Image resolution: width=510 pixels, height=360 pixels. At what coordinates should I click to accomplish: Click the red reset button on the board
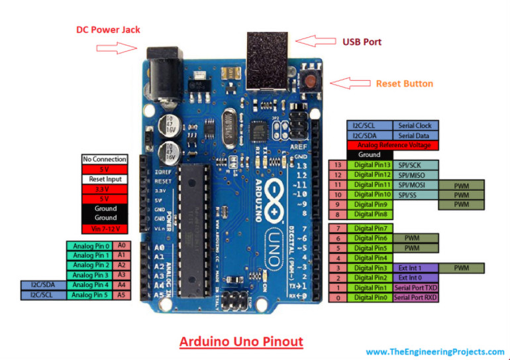(309, 82)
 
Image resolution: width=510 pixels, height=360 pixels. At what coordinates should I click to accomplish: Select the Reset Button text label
(404, 84)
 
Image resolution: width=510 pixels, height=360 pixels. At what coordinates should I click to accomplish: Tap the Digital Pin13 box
(373, 164)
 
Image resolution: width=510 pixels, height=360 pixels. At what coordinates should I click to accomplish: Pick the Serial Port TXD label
(415, 288)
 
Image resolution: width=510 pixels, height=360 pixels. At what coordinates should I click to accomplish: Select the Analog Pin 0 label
(90, 245)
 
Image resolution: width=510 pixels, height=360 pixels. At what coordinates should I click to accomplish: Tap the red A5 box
(122, 294)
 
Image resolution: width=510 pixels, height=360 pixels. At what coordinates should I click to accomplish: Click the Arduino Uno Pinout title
(241, 342)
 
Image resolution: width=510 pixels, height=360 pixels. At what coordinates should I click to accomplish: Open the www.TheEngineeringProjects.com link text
(434, 352)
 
